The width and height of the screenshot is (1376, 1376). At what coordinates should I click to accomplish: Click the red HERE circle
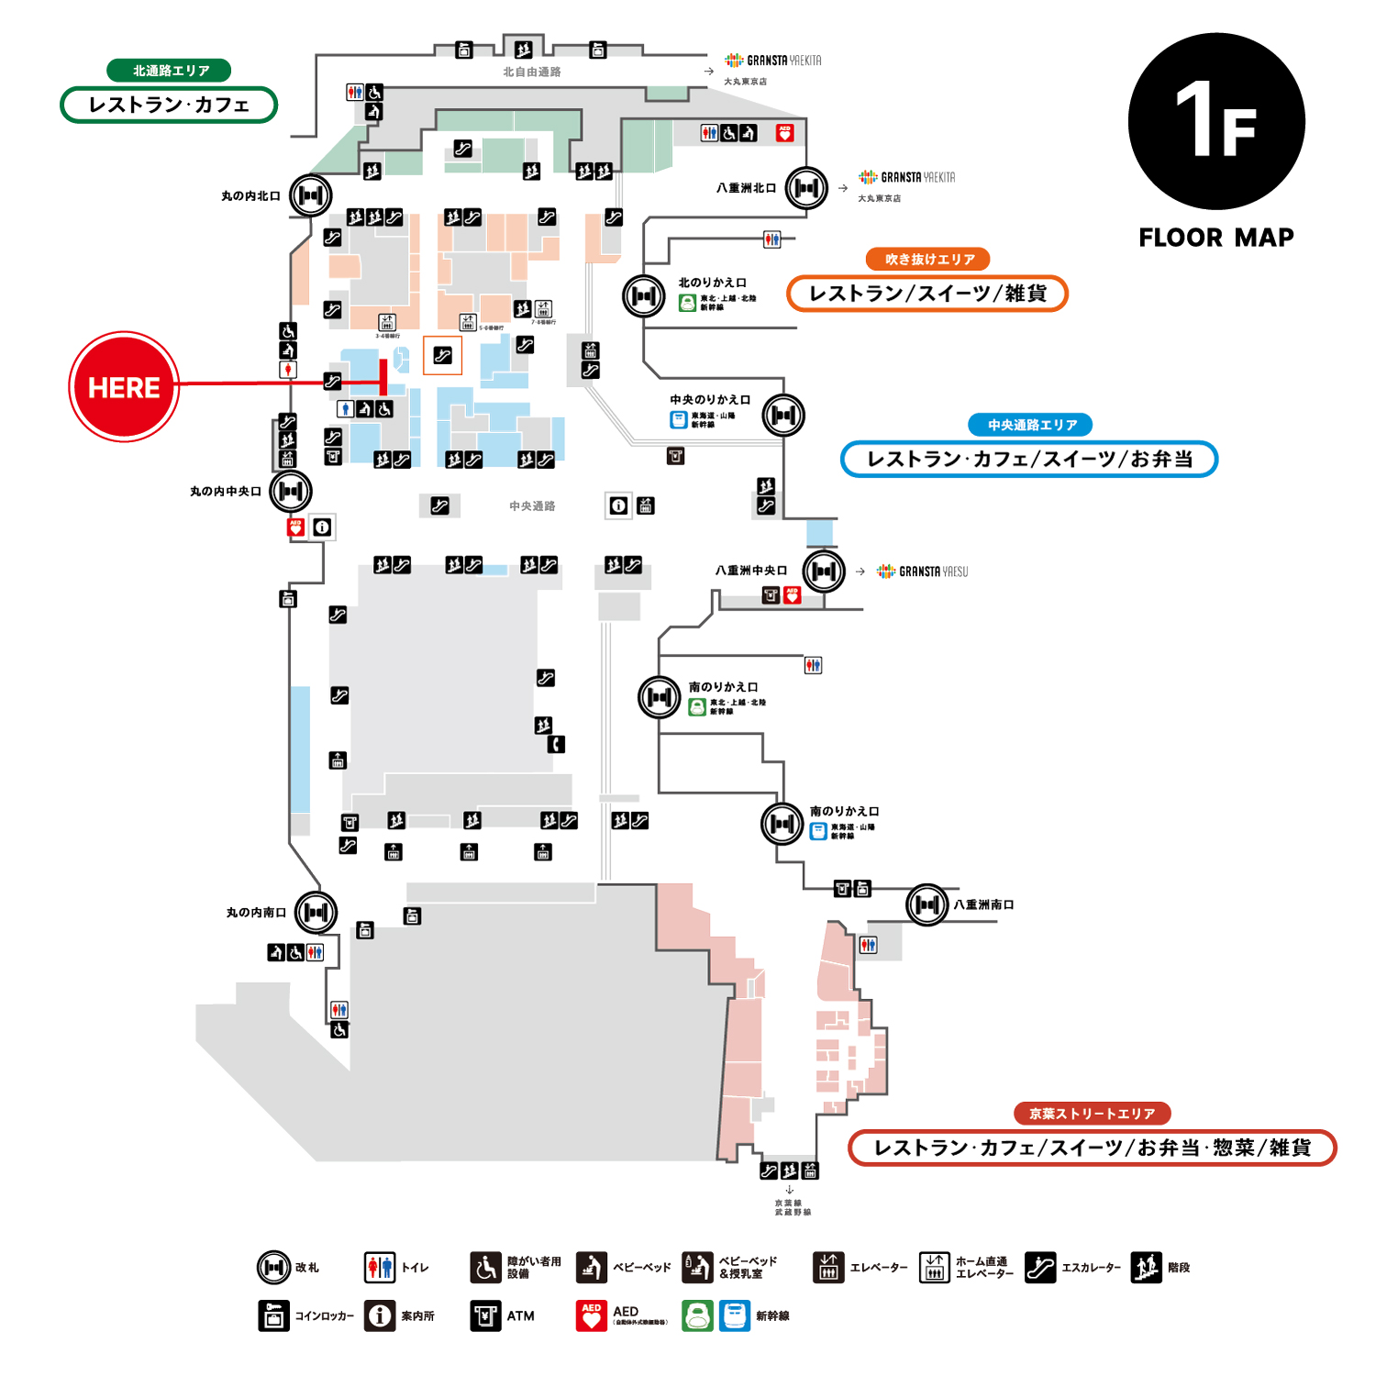(x=124, y=386)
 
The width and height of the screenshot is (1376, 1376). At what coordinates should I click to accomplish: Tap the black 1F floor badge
(x=1215, y=121)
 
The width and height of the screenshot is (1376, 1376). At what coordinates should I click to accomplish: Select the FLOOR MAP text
(x=1215, y=238)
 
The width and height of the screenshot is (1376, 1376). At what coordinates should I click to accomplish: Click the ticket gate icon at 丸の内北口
(x=310, y=195)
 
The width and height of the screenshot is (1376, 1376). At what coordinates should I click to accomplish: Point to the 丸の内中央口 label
(x=226, y=492)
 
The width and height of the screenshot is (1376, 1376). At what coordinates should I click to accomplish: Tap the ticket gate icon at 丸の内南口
(x=316, y=912)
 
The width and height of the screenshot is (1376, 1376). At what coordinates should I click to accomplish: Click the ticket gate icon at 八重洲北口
(x=806, y=189)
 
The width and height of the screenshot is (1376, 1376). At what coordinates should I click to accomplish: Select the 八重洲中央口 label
(x=750, y=571)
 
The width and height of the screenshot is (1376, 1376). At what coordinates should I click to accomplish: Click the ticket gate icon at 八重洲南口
(x=927, y=905)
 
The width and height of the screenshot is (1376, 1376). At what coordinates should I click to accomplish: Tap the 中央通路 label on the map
(x=532, y=506)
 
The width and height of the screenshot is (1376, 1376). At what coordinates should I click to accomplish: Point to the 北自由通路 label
(x=531, y=72)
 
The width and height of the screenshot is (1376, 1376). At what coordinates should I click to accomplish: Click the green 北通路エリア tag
(x=170, y=71)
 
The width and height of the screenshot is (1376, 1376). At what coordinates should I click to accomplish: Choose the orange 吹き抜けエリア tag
(x=928, y=260)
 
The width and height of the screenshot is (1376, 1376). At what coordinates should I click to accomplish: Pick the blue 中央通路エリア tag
(x=1031, y=425)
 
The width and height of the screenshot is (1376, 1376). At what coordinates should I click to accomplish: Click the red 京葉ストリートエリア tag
(x=1092, y=1114)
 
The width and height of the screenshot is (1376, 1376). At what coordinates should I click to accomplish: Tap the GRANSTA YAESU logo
(x=923, y=571)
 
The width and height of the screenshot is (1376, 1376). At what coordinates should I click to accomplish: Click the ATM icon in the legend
(x=485, y=1315)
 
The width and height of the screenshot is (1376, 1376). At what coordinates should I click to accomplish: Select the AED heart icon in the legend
(x=592, y=1315)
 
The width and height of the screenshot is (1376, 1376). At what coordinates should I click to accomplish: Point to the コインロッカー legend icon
(x=273, y=1315)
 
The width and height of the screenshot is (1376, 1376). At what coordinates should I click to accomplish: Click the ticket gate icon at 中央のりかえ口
(x=783, y=416)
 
